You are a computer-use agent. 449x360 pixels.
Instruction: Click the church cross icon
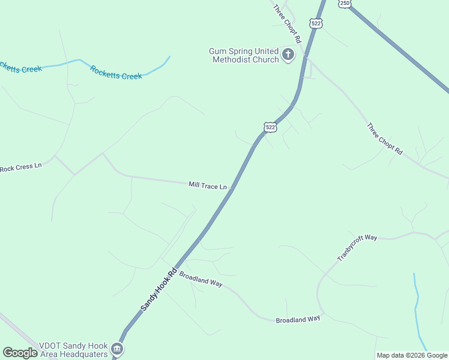pos(288,55)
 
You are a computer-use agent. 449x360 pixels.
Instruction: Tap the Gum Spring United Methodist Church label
pos(244,55)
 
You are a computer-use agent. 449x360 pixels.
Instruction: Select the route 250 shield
pos(344,4)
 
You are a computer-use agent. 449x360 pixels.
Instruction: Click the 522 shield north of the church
pos(316,23)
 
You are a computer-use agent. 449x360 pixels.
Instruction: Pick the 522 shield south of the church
pos(270,127)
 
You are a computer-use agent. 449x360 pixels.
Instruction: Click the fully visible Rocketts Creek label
pos(116,72)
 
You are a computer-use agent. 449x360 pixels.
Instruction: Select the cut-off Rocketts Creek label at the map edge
pos(20,67)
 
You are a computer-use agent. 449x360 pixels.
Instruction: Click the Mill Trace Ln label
pos(208,186)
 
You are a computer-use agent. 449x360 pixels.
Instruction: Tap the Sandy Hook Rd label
pos(160,289)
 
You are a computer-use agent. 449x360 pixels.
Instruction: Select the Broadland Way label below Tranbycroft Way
pos(298,320)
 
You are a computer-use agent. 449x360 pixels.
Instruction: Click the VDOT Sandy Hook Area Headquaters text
pos(73,350)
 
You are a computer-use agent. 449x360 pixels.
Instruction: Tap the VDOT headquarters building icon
pos(117,349)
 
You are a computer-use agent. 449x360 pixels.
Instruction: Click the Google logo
pos(20,353)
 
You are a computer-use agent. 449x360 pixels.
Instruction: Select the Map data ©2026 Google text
pos(412,355)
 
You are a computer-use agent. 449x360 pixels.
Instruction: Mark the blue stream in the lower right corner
pos(417,306)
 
